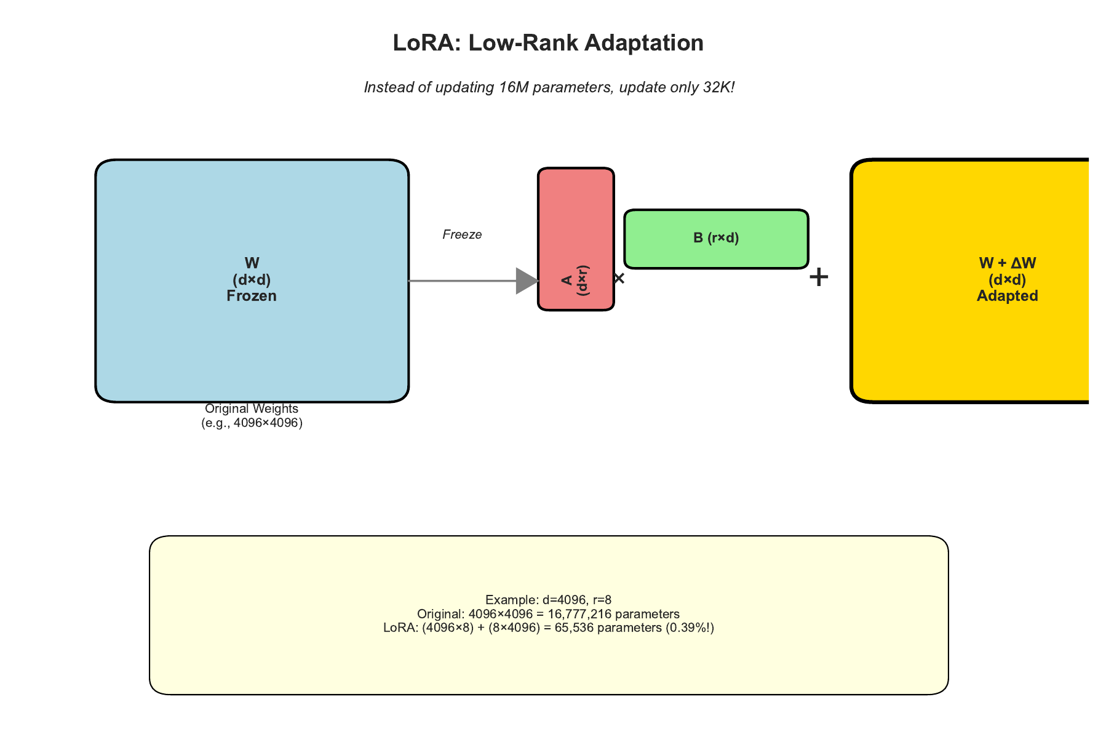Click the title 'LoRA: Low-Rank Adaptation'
point(548,43)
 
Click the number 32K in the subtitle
point(718,87)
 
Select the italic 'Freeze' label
point(462,234)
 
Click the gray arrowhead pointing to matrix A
point(527,281)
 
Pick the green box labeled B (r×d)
point(716,239)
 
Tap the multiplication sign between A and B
point(619,279)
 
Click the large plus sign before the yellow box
point(819,277)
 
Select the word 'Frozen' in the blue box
point(252,296)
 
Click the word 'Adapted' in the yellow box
point(1007,296)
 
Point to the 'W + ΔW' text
point(1007,263)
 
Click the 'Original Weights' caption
point(252,408)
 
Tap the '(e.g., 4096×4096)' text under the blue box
point(252,423)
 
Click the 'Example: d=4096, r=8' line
point(548,600)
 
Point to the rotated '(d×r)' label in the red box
point(584,281)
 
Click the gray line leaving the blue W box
point(461,281)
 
